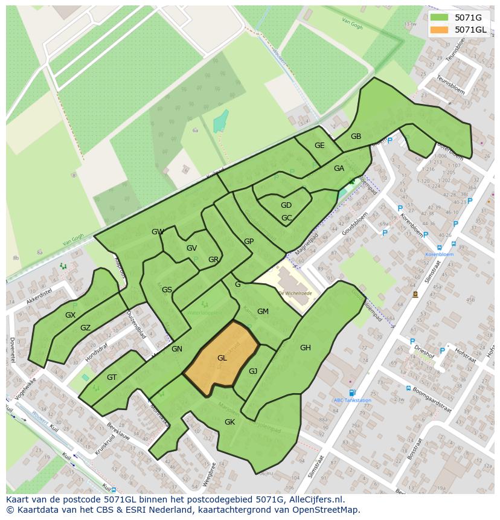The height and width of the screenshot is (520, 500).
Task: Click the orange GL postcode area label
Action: click(x=222, y=358)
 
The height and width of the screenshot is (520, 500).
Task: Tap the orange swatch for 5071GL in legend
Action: click(x=440, y=30)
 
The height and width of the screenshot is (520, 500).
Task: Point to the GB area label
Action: click(x=356, y=136)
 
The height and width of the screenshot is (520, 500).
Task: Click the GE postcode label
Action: click(x=319, y=146)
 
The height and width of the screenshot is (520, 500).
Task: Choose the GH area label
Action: click(x=305, y=347)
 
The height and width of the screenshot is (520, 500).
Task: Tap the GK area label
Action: click(x=229, y=422)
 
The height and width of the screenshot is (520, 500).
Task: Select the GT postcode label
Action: click(x=112, y=377)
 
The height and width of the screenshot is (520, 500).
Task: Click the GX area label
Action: click(x=71, y=315)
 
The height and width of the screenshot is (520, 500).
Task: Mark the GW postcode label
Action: click(x=158, y=232)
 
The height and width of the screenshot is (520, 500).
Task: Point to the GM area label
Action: click(x=263, y=312)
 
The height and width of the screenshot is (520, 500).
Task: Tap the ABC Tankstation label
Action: click(x=352, y=400)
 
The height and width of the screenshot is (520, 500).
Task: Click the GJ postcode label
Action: click(x=253, y=371)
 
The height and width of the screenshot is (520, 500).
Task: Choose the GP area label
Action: click(x=249, y=242)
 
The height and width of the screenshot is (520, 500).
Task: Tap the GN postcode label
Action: click(x=176, y=349)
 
